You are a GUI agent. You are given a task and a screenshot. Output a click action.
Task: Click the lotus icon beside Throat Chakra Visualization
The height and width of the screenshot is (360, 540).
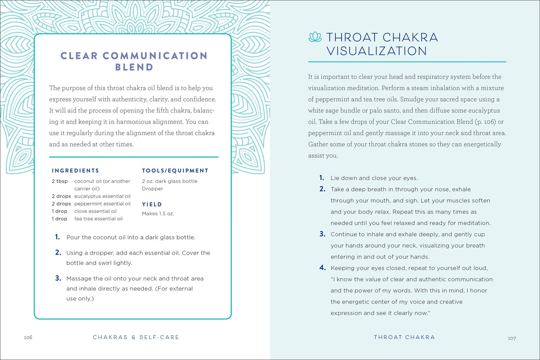(315, 37)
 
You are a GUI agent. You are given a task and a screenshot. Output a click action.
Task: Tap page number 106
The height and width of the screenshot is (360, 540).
(28, 337)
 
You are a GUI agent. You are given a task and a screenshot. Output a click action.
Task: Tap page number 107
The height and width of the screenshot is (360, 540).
(512, 338)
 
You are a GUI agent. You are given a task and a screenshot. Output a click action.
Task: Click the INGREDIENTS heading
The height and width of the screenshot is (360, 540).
(75, 171)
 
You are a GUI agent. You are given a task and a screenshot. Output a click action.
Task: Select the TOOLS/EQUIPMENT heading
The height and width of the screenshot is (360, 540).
(175, 171)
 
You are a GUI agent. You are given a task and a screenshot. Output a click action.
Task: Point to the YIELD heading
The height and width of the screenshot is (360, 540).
(152, 204)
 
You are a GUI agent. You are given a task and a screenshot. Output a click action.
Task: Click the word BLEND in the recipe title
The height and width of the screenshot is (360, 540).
(134, 67)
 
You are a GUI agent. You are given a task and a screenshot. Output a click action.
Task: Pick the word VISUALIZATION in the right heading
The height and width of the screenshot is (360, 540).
(377, 51)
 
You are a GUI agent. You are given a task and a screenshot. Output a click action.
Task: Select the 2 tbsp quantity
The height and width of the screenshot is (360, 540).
(60, 181)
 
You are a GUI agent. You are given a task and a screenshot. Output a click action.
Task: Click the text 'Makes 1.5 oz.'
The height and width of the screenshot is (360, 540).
(158, 213)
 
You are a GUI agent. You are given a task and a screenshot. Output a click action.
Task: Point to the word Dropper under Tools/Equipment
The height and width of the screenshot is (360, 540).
(152, 189)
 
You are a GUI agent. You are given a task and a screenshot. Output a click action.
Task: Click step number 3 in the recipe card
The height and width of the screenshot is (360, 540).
(58, 278)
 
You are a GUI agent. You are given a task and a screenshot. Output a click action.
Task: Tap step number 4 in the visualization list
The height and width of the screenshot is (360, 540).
(322, 268)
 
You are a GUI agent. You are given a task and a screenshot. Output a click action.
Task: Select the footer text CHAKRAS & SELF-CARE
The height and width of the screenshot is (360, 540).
(136, 337)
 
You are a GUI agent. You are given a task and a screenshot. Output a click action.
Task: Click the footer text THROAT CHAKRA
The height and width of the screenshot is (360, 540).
(404, 337)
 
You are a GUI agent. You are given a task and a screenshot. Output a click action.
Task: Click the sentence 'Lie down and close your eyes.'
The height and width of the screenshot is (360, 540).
(374, 178)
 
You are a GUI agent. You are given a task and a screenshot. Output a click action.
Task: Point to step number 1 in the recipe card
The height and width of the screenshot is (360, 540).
(57, 237)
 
